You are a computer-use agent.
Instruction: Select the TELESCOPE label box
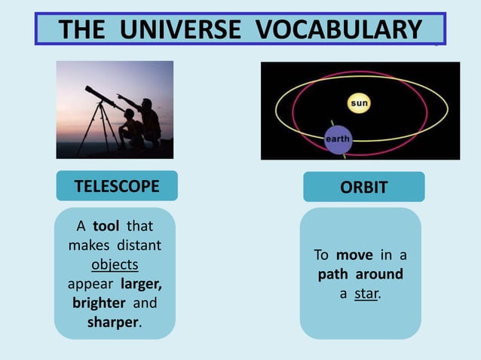pos(117,186)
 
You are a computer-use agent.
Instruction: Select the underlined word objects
pos(115,265)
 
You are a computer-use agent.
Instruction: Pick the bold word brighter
pos(100,303)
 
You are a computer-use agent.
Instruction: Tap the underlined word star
pos(366,293)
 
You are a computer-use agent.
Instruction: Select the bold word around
pos(379,274)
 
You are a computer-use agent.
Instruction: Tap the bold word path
pos(334,274)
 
